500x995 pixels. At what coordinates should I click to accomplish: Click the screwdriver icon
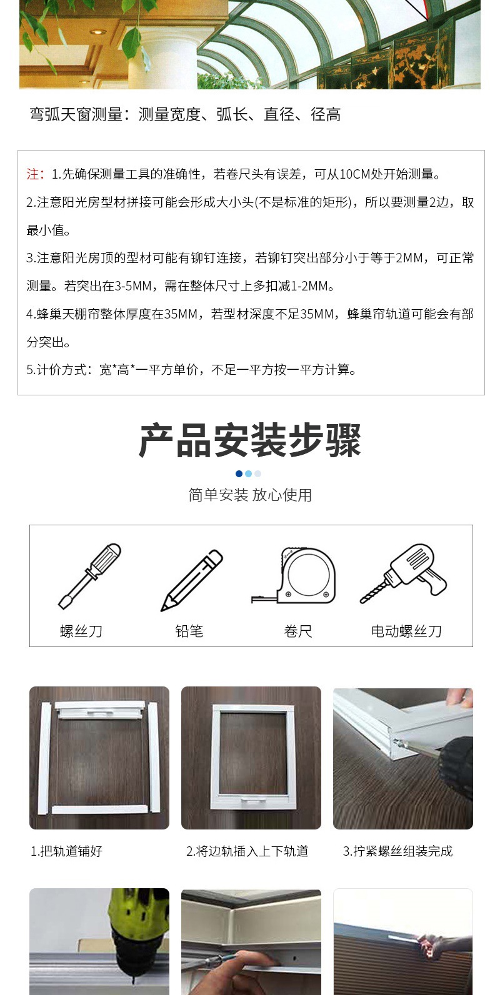[89, 576]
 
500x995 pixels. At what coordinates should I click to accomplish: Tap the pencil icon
[192, 580]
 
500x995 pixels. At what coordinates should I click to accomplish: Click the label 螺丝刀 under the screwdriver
[81, 631]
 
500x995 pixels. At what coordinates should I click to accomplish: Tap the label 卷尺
[297, 631]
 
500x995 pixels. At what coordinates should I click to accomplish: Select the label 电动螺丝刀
[406, 631]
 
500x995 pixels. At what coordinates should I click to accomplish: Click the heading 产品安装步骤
[250, 440]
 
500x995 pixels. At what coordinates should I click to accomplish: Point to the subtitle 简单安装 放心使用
[250, 495]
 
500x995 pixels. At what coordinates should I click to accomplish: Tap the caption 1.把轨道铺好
[67, 851]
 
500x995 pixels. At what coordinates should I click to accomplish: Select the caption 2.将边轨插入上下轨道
[247, 851]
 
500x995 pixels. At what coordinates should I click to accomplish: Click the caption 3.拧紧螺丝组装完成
[398, 851]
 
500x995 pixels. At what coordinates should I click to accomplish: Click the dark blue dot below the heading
[239, 473]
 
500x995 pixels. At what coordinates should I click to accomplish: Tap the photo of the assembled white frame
[251, 758]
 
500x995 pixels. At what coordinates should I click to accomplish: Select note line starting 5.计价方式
[192, 370]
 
